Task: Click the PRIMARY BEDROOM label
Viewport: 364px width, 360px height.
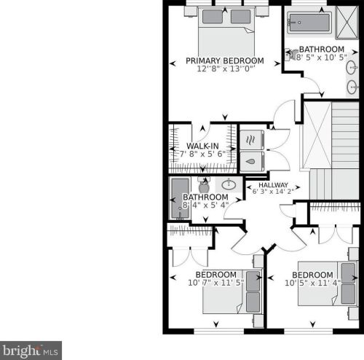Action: (225, 60)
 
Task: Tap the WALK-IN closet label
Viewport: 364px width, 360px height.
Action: (202, 146)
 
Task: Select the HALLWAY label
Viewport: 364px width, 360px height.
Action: (273, 185)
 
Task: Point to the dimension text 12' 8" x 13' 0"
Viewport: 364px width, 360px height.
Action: (226, 69)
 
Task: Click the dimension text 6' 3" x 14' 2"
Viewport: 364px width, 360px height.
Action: (273, 192)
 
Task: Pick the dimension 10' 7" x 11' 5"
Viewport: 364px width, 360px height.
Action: (216, 283)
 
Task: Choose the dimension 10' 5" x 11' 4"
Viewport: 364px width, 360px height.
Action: (312, 283)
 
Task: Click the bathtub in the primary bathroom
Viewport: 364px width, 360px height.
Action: (309, 23)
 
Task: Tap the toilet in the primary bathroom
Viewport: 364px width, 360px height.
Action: (290, 54)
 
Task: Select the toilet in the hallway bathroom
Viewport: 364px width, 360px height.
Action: (204, 185)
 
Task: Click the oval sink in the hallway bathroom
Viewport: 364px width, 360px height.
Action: (229, 184)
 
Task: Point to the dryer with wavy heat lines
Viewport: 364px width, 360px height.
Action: (252, 140)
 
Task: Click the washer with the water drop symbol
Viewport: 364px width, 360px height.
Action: (252, 162)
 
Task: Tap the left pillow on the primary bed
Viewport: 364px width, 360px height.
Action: (213, 17)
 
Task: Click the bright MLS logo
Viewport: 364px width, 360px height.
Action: (31, 351)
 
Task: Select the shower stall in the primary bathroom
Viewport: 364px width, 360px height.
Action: (347, 23)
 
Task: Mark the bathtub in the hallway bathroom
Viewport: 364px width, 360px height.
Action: (180, 198)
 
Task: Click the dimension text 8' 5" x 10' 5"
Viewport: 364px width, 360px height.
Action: (322, 58)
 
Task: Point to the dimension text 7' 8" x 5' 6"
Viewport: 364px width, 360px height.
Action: (202, 154)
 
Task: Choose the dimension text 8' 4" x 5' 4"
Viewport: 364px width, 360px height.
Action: (205, 206)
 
